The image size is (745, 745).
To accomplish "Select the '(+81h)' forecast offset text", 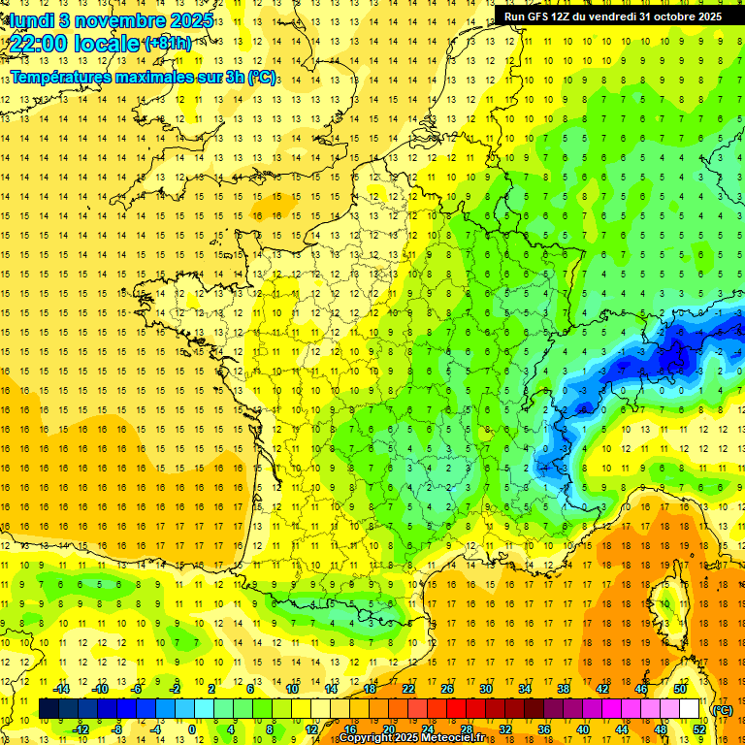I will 168,44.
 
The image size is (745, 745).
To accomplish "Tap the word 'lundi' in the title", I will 31,20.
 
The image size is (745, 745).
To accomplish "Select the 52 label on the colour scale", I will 700,729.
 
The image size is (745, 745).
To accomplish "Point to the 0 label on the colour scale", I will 191,729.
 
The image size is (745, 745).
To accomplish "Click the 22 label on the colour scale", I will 408,689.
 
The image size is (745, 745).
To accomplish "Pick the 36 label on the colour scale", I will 544,729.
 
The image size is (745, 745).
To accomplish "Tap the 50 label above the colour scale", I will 680,689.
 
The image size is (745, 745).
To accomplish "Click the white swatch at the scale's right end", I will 690,709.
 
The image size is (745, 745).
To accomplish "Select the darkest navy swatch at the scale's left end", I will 49,709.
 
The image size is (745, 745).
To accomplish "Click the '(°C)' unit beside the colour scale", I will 722,710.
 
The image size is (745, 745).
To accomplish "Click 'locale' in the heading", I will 107,44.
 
